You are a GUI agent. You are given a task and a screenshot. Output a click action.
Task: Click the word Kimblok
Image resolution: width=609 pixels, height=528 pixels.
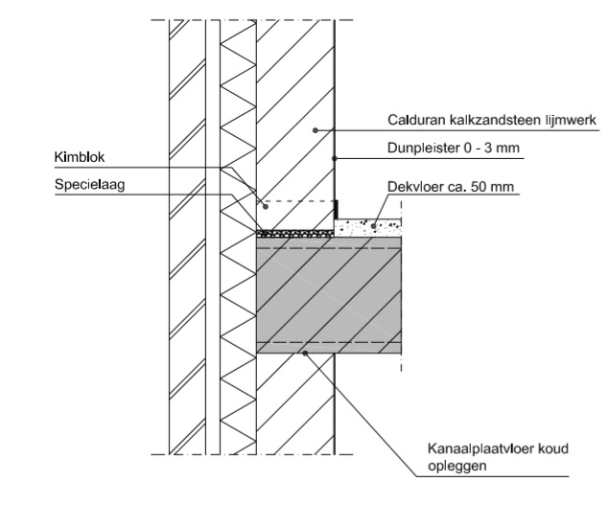tap(80, 157)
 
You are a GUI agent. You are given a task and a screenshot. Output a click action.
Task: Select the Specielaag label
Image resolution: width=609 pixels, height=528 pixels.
tap(90, 185)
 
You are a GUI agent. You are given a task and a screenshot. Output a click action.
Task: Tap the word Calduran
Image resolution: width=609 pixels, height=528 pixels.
tap(416, 120)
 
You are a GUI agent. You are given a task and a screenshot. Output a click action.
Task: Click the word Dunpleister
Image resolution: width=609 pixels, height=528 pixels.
tap(424, 149)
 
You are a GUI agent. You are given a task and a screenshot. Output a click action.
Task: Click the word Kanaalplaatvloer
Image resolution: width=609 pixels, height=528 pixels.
tap(480, 448)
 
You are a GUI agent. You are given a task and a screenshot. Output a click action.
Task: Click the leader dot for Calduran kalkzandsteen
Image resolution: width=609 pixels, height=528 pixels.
tap(316, 130)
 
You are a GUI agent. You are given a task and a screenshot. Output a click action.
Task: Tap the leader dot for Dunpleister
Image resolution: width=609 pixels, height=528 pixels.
tap(334, 158)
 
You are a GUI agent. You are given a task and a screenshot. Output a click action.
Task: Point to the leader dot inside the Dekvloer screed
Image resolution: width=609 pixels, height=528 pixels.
tap(374, 226)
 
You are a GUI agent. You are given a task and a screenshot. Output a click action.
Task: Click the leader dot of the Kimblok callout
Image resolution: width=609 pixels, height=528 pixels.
tap(266, 207)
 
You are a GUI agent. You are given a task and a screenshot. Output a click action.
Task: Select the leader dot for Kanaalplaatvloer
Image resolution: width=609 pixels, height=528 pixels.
tap(305, 353)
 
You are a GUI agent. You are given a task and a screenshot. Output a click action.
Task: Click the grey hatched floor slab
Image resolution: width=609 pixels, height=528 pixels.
tap(329, 295)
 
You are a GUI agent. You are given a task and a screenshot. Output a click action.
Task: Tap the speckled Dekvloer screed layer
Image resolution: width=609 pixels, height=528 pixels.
tap(368, 228)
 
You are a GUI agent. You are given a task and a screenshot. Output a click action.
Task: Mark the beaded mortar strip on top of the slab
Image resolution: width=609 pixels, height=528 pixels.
tap(295, 234)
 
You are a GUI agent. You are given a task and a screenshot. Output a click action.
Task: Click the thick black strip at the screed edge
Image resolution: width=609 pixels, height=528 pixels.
tap(337, 210)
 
